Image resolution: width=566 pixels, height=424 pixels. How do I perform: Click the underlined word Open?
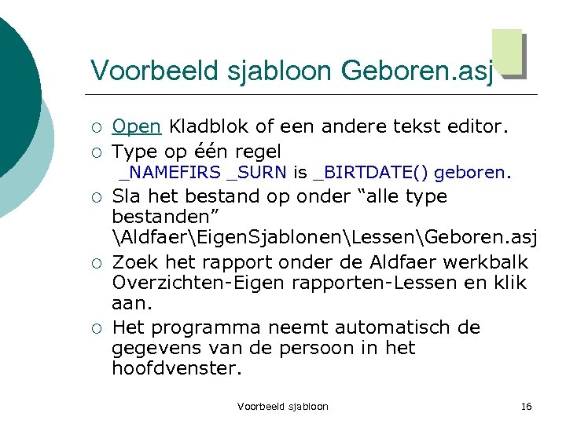[x=137, y=126]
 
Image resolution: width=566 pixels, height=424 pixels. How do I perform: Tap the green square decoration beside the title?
[x=507, y=53]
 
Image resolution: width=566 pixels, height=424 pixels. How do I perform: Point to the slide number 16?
[x=527, y=406]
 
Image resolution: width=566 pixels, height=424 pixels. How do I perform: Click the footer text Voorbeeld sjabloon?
[x=283, y=406]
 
